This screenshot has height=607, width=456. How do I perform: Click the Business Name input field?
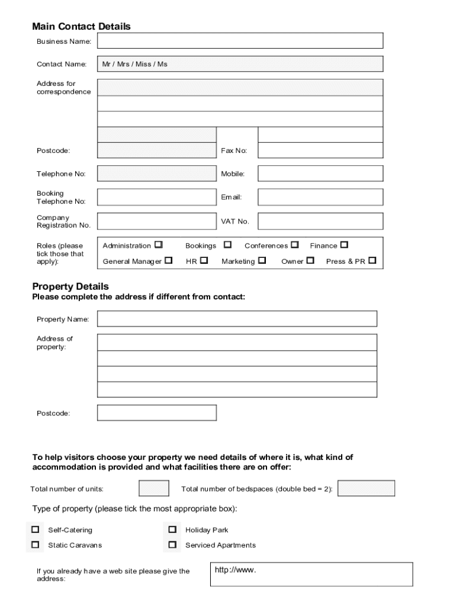click(240, 41)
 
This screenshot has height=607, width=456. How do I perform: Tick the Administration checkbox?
click(158, 245)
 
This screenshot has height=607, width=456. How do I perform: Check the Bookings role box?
click(227, 245)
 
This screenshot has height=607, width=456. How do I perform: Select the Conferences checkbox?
click(295, 245)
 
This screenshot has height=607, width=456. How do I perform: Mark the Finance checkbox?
click(344, 245)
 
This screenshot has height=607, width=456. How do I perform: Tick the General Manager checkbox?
click(169, 260)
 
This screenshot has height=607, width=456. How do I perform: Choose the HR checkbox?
click(204, 260)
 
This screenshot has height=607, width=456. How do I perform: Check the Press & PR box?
click(372, 260)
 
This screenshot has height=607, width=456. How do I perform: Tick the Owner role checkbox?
click(310, 260)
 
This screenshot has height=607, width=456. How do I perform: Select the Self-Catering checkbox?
click(36, 529)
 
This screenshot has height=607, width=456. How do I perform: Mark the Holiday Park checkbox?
click(172, 529)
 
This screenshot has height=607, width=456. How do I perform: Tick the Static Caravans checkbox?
click(36, 544)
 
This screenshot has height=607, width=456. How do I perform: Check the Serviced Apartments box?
click(172, 544)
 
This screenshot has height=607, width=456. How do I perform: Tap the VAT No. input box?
click(320, 222)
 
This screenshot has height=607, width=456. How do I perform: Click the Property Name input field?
click(237, 319)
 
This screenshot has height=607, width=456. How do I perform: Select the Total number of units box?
click(153, 488)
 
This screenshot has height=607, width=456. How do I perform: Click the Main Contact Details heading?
click(81, 27)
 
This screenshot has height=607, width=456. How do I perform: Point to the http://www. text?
click(235, 570)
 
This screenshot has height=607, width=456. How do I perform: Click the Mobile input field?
click(320, 174)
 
